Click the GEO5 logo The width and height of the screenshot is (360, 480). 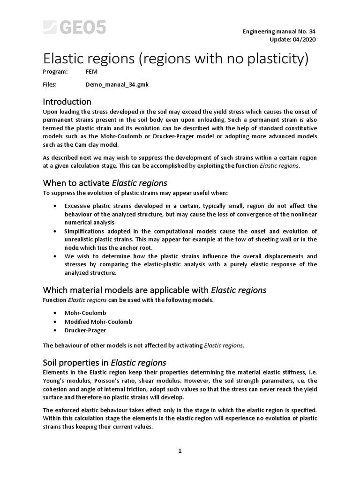point(75,27)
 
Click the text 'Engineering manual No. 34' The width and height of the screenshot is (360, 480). point(278,31)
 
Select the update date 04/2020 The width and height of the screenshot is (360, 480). point(304,39)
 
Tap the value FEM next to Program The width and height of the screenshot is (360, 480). point(91,72)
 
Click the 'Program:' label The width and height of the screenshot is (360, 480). point(55,72)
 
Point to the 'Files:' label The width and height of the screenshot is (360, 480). point(50,85)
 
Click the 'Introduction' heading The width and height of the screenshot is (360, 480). point(67,102)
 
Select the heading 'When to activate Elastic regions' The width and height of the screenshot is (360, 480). point(105,183)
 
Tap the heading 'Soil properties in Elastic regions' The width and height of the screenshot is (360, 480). point(105,363)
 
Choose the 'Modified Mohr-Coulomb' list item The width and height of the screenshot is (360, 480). point(98,322)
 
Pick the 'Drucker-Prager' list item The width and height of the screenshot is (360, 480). point(85,330)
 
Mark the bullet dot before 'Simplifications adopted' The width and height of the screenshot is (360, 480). point(56,232)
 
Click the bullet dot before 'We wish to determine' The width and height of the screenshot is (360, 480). point(56,256)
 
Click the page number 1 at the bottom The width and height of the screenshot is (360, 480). point(180,451)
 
